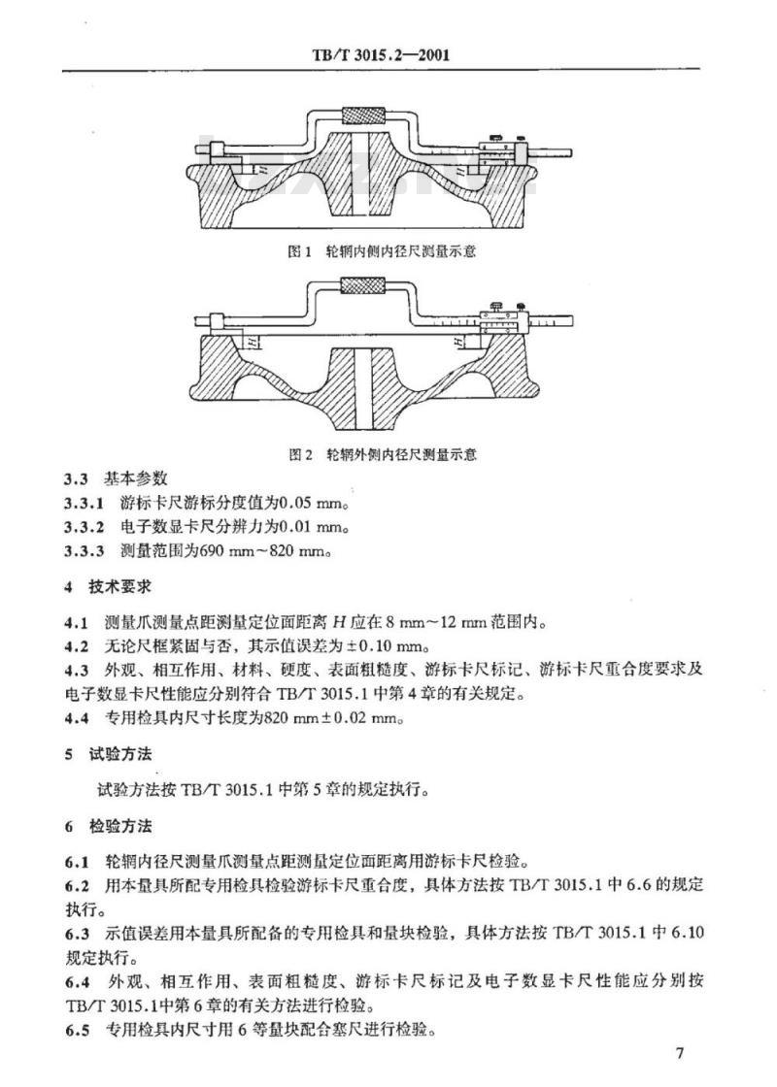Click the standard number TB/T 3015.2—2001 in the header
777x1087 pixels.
pos(388,55)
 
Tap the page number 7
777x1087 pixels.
pos(680,1053)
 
